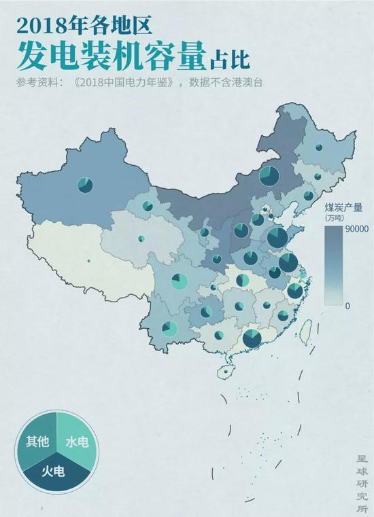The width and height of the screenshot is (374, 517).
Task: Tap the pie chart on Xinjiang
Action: [85, 184]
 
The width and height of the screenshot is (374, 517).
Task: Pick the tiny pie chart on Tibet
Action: [89, 260]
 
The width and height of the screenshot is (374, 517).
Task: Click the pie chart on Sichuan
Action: [180, 281]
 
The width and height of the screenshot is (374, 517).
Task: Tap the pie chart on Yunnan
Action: [170, 329]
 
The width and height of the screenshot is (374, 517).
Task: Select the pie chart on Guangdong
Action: [252, 338]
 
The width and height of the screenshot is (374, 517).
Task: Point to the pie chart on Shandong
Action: [277, 238]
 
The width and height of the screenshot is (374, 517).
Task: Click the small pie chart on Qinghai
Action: [141, 238]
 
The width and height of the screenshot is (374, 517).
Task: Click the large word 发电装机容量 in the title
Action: [109, 56]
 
